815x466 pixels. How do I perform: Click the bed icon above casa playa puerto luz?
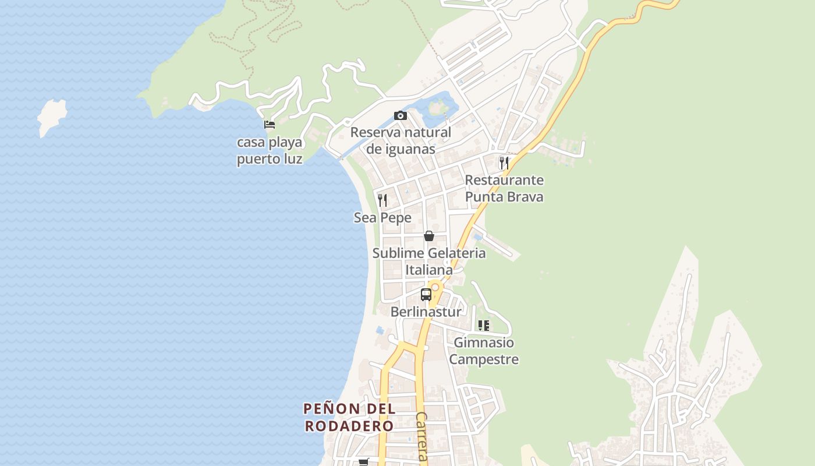tap(269, 124)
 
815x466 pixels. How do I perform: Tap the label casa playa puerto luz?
tap(270, 151)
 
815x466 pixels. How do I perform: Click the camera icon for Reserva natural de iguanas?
tap(401, 116)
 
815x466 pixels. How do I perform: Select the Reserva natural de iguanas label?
tap(401, 140)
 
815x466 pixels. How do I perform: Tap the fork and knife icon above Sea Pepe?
tap(382, 200)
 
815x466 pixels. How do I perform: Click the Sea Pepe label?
tap(382, 218)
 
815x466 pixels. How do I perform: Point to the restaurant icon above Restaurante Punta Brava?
tap(504, 163)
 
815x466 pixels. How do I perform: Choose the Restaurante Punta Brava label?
tap(504, 188)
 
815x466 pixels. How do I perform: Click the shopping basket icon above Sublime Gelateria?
tap(429, 236)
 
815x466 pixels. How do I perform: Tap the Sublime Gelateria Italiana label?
tap(429, 262)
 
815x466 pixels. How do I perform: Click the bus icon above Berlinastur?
tap(426, 295)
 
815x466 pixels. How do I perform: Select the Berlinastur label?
tap(426, 312)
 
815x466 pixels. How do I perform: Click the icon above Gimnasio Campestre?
tap(483, 326)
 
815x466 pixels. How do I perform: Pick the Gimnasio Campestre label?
tap(483, 351)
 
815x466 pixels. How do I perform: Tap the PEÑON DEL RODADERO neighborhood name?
tap(349, 417)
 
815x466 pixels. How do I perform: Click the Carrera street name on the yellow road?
tap(421, 437)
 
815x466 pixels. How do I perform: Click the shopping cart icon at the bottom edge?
tap(364, 462)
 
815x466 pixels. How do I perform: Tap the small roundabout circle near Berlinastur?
tap(435, 287)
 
